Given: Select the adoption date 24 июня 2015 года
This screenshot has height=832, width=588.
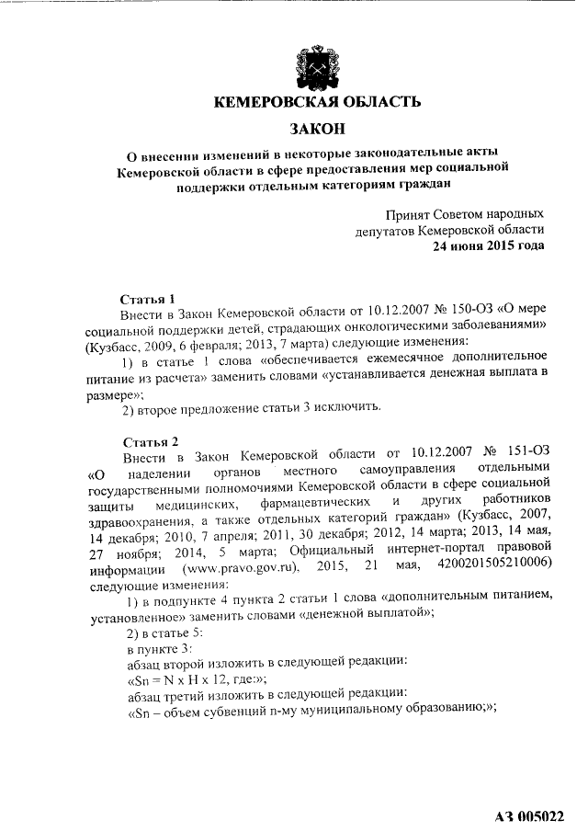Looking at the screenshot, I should click(x=489, y=245).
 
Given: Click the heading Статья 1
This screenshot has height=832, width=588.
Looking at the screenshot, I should click(x=149, y=300).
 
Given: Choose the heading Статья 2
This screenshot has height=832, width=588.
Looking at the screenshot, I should click(x=149, y=439).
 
